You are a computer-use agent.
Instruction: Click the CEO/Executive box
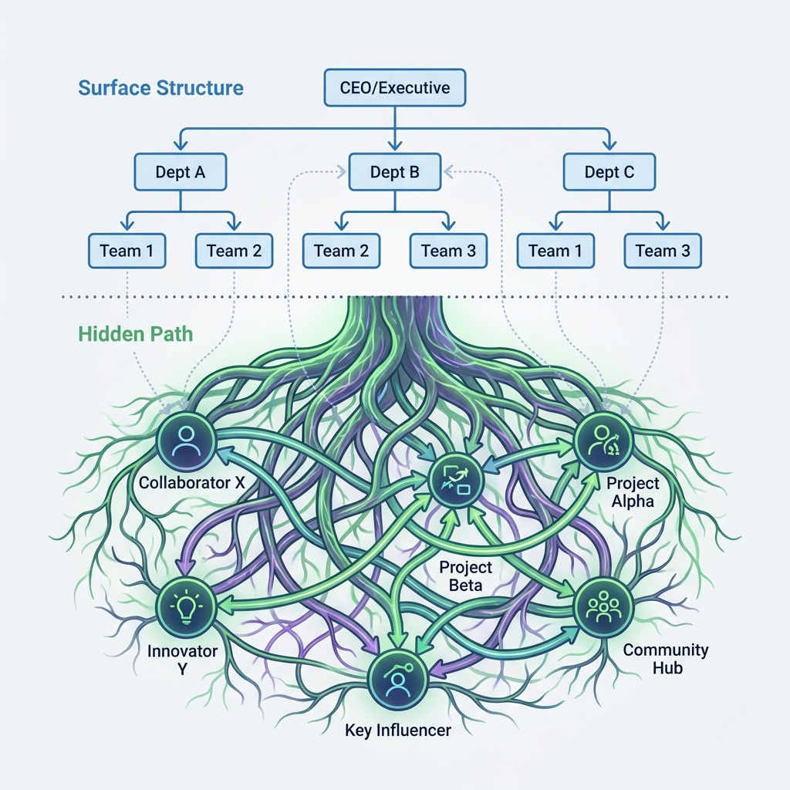(394, 87)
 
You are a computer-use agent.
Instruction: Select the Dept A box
(181, 172)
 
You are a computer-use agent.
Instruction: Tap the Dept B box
(394, 172)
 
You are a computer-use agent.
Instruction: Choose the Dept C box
(609, 172)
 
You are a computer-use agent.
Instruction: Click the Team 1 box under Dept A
(127, 250)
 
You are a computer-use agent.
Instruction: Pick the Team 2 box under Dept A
(234, 250)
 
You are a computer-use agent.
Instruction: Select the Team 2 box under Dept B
(341, 250)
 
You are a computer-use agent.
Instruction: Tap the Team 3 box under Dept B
(448, 250)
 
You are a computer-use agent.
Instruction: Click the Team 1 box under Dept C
(555, 250)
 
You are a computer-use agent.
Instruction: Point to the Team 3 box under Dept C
(663, 250)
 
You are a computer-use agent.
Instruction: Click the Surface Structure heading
(160, 87)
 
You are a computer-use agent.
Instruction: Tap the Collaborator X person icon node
(186, 441)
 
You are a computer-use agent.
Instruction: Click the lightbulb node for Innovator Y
(186, 605)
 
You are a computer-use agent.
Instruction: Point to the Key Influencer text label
(398, 730)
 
